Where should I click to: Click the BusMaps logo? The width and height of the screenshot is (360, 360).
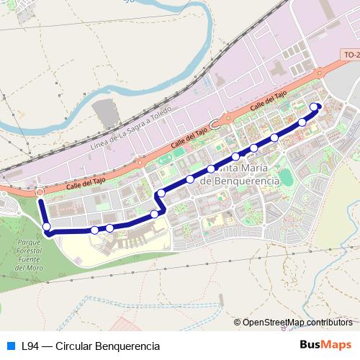[x=325, y=345]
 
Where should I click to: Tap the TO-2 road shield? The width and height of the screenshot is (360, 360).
[x=351, y=55]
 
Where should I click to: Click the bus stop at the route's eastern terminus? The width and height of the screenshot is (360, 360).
[x=314, y=107]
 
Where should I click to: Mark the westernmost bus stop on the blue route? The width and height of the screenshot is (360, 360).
[x=48, y=228]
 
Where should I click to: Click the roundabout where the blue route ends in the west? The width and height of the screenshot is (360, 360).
[x=39, y=192]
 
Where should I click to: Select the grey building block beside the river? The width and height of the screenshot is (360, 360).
[x=106, y=114]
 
